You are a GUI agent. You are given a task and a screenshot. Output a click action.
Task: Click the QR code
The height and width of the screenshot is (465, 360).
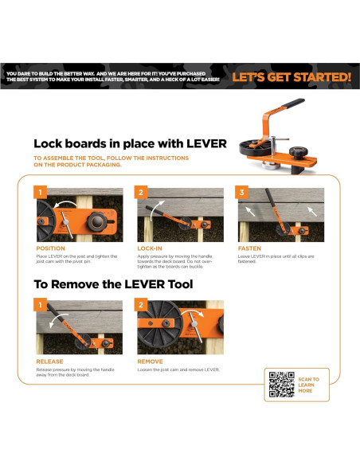[281, 385]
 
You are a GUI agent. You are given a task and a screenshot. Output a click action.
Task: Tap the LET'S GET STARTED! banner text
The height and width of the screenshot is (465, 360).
[292, 77]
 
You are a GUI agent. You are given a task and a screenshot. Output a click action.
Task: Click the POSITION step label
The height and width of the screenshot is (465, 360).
[50, 248]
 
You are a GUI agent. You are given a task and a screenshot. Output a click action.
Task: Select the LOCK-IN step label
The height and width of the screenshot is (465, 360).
[150, 248]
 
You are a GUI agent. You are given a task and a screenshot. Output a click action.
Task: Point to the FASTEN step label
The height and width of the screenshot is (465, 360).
[249, 248]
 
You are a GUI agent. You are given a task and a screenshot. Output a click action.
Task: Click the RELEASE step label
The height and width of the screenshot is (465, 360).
[49, 361]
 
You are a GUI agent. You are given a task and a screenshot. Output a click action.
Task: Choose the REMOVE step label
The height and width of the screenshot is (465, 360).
[150, 361]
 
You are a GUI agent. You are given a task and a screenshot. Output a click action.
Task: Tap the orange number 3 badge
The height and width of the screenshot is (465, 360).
[241, 192]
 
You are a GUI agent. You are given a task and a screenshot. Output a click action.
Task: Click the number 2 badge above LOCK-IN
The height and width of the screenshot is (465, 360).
[141, 192]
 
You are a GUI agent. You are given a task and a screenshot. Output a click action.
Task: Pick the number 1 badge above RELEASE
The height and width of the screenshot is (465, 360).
[40, 305]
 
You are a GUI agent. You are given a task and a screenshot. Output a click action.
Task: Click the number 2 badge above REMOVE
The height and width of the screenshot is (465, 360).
[141, 305]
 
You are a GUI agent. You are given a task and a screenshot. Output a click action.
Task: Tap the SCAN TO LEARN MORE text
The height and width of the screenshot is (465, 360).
[308, 385]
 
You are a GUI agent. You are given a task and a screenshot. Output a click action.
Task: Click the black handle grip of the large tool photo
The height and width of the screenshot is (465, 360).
[292, 103]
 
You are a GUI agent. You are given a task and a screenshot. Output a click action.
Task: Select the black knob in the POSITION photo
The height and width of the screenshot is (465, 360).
[97, 222]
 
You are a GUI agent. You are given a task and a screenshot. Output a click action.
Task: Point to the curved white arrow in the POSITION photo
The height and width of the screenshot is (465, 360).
[65, 204]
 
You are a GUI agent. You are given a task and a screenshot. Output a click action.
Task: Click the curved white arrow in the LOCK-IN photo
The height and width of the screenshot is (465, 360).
[155, 208]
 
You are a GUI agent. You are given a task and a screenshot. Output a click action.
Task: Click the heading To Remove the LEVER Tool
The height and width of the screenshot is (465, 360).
[113, 284]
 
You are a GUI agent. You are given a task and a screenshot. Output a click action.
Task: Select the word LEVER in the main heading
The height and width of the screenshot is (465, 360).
[207, 144]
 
